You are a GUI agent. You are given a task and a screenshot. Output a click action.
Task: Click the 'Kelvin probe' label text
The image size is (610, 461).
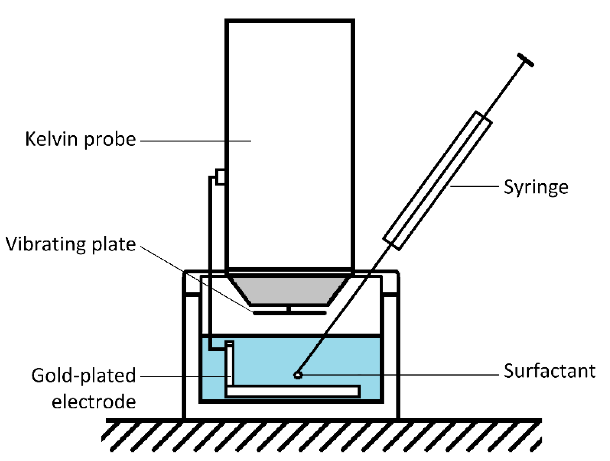[80, 139]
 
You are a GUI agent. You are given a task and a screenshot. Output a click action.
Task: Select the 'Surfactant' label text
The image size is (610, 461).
[549, 371]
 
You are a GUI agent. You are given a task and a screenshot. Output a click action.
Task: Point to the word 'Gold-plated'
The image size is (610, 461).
[83, 376]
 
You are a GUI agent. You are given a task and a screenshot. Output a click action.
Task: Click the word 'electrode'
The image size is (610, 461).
[94, 402]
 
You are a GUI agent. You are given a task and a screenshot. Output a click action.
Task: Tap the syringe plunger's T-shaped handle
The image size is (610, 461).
[525, 60]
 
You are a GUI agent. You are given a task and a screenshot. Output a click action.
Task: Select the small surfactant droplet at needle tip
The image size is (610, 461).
[298, 375]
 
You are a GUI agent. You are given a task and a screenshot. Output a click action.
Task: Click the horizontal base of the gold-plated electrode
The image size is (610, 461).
[292, 391]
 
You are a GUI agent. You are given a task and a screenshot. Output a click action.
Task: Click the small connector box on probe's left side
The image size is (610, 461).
[220, 177]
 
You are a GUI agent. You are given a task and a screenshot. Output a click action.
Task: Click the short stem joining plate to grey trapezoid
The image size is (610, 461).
[289, 309]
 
